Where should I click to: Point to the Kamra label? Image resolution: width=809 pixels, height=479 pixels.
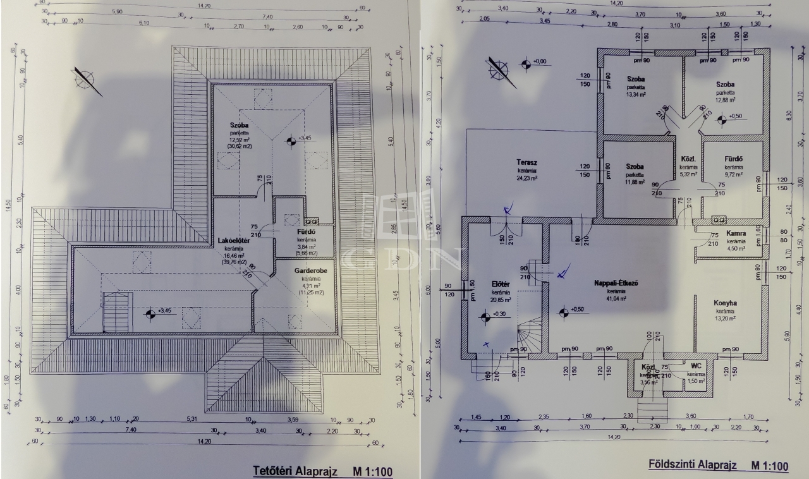(736, 233)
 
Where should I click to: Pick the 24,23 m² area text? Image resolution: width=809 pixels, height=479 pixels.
(526, 178)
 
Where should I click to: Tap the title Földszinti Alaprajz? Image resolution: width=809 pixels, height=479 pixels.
(693, 465)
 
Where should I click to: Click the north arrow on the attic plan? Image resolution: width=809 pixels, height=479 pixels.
(87, 80)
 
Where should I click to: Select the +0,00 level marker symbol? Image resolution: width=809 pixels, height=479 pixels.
(525, 63)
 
